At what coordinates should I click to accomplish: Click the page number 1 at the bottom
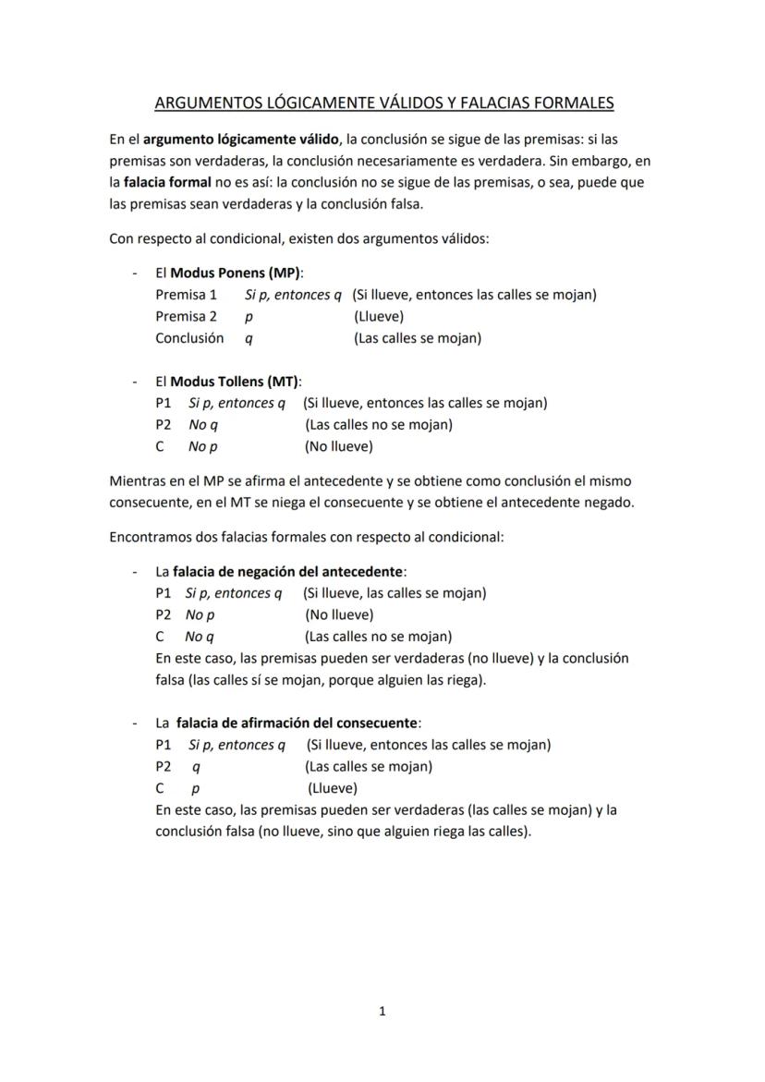tap(382, 1012)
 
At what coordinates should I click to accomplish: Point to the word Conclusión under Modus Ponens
tap(189, 338)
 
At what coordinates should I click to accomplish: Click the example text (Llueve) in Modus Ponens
tap(379, 317)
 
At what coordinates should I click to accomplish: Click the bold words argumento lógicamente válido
tap(241, 140)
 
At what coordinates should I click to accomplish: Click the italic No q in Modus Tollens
tap(202, 425)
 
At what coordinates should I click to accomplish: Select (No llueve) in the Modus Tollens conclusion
tap(339, 447)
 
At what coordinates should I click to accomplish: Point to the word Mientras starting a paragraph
tap(139, 480)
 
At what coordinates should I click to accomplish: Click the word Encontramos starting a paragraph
tap(152, 536)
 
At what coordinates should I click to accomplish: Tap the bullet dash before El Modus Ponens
tap(135, 274)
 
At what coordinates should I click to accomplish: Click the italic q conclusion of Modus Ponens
tap(249, 339)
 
